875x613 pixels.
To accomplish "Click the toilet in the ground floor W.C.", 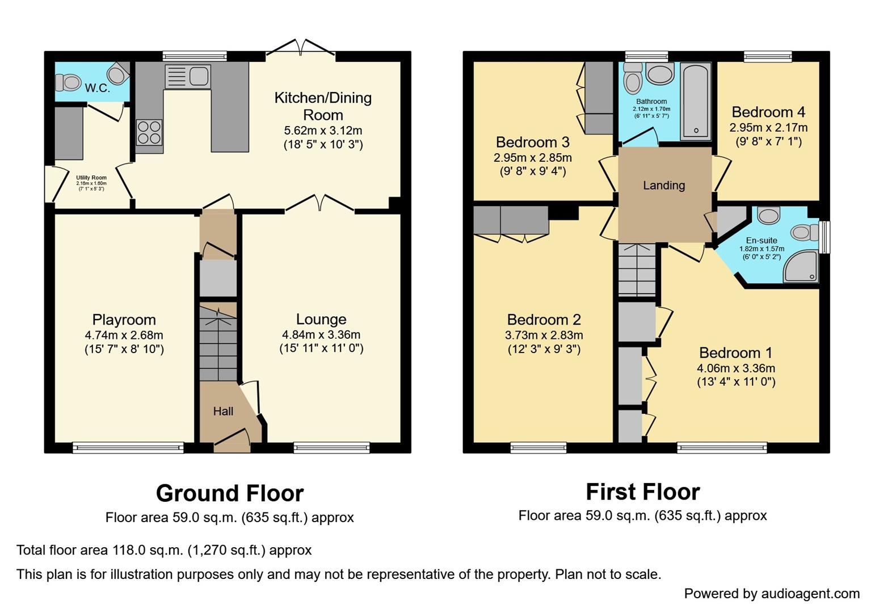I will [69, 82].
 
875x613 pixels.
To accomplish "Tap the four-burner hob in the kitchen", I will [149, 132].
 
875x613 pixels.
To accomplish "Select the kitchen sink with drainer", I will [187, 77].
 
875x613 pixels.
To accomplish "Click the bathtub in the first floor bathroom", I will [696, 101].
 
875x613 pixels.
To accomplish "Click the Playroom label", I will [124, 320].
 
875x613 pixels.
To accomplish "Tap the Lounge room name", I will [321, 320].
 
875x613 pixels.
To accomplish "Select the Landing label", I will [664, 186].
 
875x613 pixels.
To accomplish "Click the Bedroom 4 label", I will [768, 112].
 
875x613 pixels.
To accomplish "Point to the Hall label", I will [223, 412].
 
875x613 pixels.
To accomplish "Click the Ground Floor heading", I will [230, 493].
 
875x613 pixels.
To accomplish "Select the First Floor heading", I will [642, 492].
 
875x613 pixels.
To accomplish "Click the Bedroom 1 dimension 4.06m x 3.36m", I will [736, 368].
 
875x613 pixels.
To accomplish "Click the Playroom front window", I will [128, 448].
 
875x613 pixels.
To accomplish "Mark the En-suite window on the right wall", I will [824, 237].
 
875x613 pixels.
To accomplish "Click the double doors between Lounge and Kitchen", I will [320, 204].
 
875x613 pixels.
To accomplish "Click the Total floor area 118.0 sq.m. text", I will [164, 550].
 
